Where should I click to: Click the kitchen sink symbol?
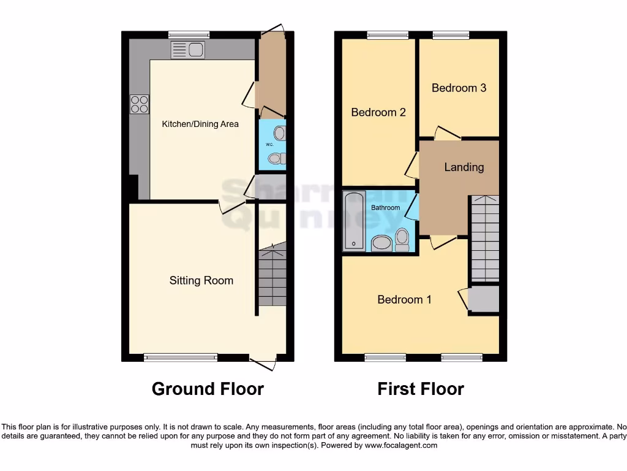click(188, 50)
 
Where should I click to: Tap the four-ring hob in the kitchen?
click(139, 104)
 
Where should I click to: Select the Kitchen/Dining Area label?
click(200, 124)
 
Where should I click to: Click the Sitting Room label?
click(201, 280)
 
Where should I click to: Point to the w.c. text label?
click(269, 144)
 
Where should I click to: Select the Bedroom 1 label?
click(404, 299)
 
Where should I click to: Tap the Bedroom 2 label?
click(378, 112)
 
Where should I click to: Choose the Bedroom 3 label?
click(459, 88)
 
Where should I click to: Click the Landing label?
click(464, 167)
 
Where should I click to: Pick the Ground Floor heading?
click(208, 389)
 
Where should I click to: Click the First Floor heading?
click(421, 389)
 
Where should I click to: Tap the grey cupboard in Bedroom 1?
click(484, 300)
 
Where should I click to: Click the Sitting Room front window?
click(181, 357)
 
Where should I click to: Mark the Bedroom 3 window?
click(451, 35)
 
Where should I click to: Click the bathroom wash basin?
click(382, 243)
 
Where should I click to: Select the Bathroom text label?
click(386, 208)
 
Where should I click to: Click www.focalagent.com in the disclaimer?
click(401, 445)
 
